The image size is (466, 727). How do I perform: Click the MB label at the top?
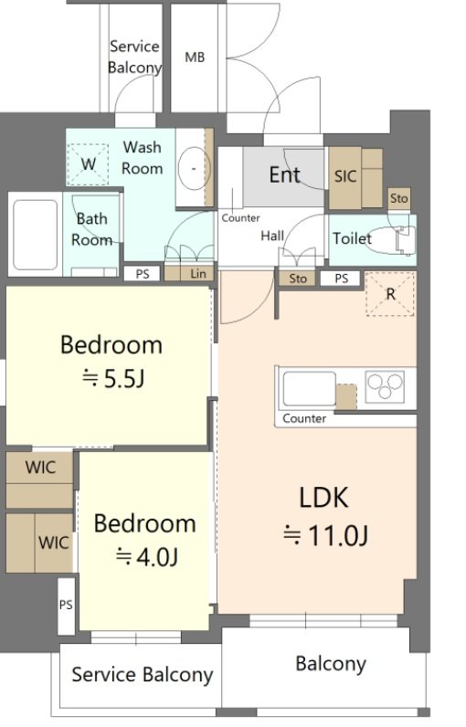pos(195,58)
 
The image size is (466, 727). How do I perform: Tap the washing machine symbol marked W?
pos(88,163)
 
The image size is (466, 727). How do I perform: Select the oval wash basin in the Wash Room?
pos(194,168)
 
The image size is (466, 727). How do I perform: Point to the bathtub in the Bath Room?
pos(36,235)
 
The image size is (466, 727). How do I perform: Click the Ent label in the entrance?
pos(285,174)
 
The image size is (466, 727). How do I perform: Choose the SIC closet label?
pos(345,176)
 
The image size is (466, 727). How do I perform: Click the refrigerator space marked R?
pos(390,294)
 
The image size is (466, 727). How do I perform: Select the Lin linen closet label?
pos(198,274)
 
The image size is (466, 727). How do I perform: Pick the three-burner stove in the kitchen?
pos(385,385)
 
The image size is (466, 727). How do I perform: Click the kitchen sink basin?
pos(309,388)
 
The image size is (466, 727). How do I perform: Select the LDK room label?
pos(323,498)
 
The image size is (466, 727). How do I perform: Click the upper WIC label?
pos(41,468)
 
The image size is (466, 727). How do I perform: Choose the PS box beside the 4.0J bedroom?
pos(66,606)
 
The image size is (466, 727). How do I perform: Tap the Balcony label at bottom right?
pos(331,664)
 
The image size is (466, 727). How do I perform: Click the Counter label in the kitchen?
pos(304,418)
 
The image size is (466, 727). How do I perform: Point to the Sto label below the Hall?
pos(298,279)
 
